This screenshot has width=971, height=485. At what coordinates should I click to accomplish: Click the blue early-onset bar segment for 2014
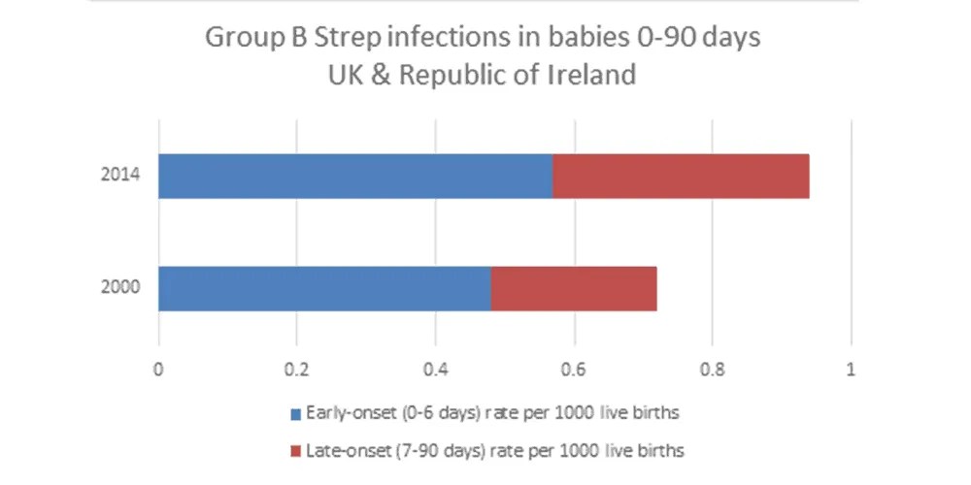coord(354,177)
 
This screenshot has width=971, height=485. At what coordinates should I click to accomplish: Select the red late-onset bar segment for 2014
coord(681,177)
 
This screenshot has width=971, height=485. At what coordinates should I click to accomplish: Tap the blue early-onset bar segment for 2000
coord(324,288)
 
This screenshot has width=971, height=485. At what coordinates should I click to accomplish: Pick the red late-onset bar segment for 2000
coord(574,288)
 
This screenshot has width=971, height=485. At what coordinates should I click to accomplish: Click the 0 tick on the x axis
coord(158,369)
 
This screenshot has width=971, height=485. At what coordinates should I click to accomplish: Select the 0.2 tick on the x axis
coord(296,369)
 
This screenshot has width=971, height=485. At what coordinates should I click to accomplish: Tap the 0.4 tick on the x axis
coord(435,369)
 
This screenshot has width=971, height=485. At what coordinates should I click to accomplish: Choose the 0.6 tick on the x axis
coord(574,369)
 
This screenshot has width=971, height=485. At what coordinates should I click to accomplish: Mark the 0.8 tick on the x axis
coord(712,369)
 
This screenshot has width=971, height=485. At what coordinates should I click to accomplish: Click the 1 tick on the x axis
coord(851,369)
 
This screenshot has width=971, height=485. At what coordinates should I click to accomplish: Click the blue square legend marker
coord(296,413)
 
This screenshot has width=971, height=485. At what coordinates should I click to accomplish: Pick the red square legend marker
coord(296,450)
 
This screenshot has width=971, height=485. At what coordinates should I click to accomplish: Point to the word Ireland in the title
coord(592,74)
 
